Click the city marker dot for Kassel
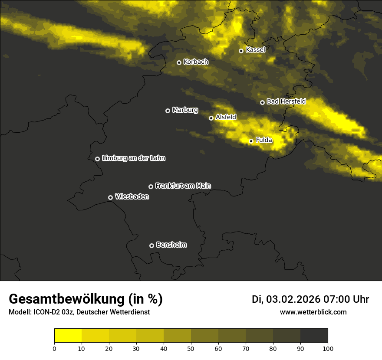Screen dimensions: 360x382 (241, 51)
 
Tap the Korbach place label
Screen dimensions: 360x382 (196, 62)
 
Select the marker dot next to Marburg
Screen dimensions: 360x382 (168, 111)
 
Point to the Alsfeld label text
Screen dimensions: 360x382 (226, 117)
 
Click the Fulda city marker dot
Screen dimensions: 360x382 (251, 141)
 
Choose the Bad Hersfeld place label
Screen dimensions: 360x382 (286, 101)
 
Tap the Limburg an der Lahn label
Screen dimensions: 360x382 (133, 158)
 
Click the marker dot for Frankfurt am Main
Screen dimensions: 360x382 (151, 187)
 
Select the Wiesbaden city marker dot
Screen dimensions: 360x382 (110, 197)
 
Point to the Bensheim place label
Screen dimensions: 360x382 (171, 245)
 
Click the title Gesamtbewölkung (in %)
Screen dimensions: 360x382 (86, 299)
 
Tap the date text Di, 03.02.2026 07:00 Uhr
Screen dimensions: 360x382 (310, 299)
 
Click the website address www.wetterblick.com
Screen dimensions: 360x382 (313, 312)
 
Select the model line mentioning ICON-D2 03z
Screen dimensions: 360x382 (79, 312)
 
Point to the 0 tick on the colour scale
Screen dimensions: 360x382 (54, 348)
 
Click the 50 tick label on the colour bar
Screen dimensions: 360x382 (191, 348)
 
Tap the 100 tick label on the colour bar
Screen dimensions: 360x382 (328, 348)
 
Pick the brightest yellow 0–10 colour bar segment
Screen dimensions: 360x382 (68, 336)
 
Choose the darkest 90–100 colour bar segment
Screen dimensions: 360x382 (314, 336)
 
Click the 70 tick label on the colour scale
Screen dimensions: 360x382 (246, 348)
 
